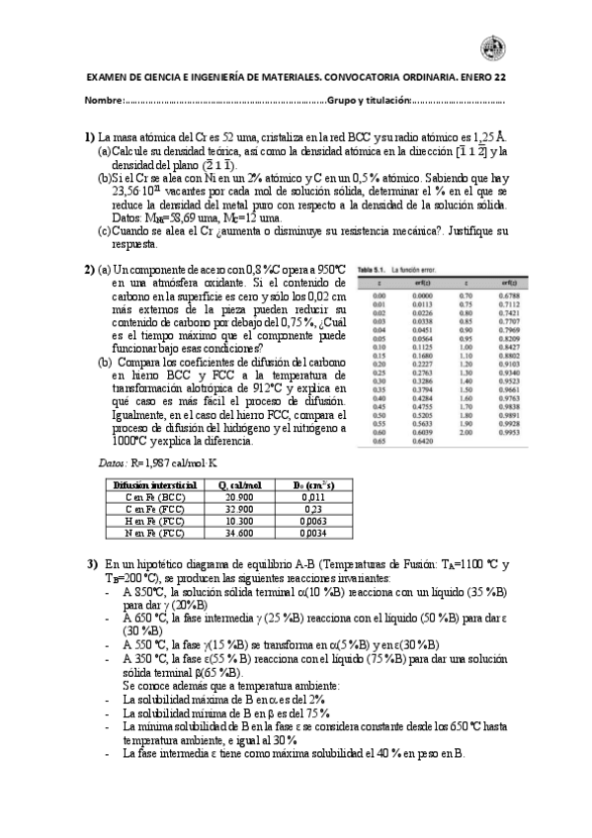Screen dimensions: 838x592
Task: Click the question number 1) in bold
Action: [x=90, y=136]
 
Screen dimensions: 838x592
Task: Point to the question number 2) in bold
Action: [x=90, y=269]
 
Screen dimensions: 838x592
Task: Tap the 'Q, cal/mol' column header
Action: [x=238, y=485]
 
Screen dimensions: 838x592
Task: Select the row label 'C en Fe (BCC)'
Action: [x=144, y=498]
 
